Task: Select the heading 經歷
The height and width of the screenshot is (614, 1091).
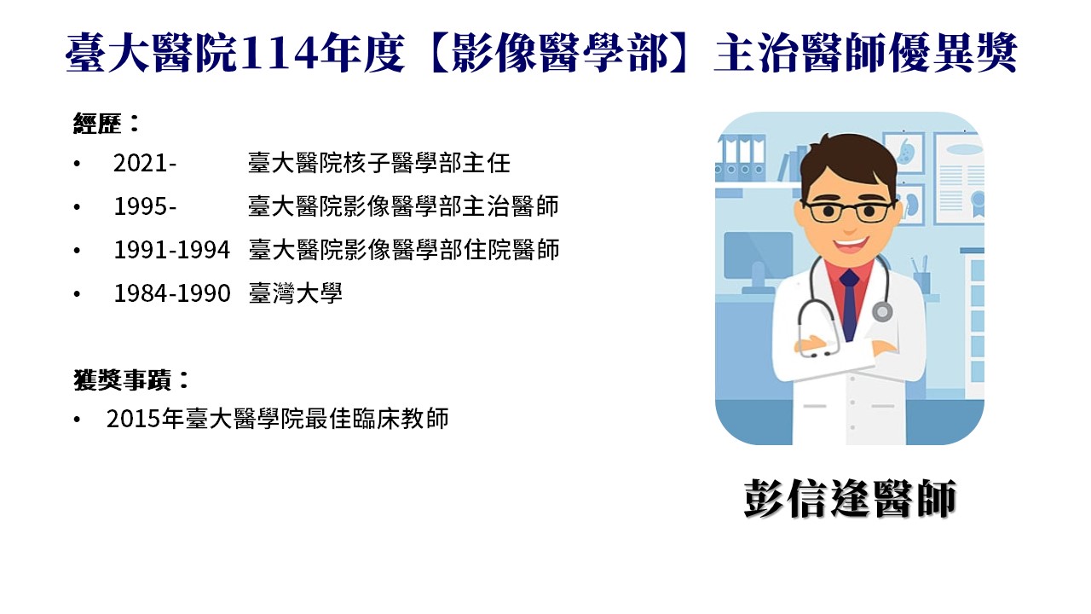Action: tap(97, 123)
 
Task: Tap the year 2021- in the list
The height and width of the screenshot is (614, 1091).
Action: tap(145, 163)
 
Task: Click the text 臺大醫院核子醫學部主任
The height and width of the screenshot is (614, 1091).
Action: tap(379, 163)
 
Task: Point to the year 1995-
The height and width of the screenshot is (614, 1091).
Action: tap(145, 206)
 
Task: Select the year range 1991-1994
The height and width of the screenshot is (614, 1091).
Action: tap(171, 250)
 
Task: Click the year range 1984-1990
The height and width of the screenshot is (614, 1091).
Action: tap(171, 293)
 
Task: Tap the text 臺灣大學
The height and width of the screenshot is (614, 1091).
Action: tap(295, 293)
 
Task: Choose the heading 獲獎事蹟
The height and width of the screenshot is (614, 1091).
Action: tap(122, 380)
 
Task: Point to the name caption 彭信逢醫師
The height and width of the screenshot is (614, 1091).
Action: tap(850, 498)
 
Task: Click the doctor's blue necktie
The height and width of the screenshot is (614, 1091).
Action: tap(849, 304)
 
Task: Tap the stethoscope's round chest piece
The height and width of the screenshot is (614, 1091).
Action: tap(881, 311)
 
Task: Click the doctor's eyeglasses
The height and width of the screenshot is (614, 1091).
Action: tap(850, 211)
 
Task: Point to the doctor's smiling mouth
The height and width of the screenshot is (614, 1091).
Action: tap(851, 244)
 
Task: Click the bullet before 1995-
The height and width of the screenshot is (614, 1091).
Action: tap(77, 207)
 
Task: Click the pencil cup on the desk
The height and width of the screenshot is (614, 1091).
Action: tap(921, 281)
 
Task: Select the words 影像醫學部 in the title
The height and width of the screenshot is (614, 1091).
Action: tap(560, 54)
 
